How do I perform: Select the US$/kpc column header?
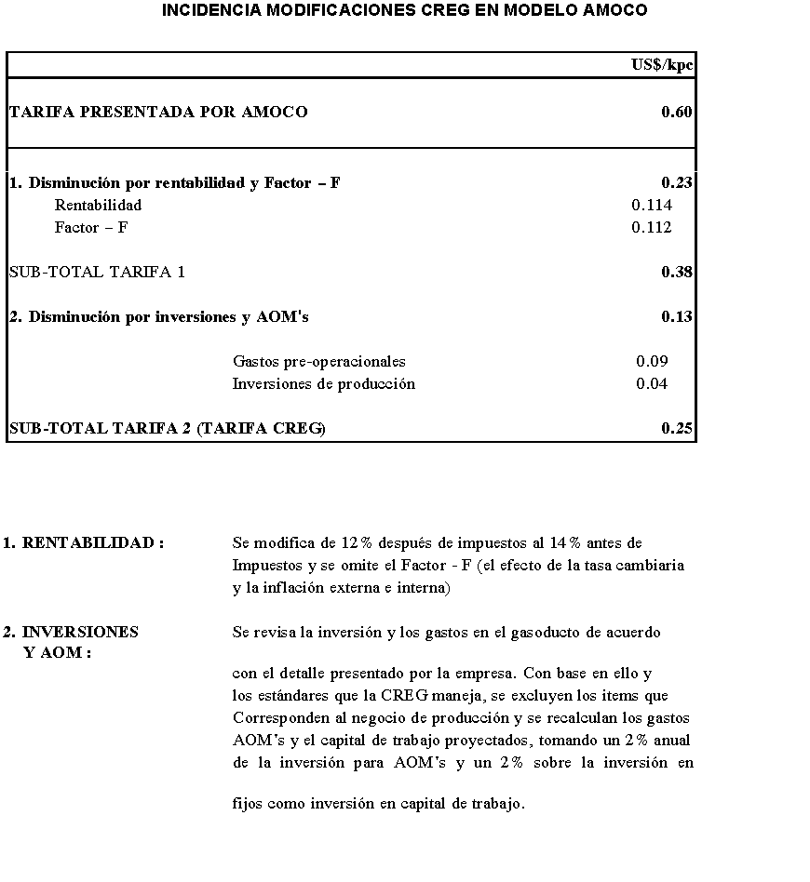(x=662, y=64)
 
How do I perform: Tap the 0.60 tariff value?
(x=676, y=113)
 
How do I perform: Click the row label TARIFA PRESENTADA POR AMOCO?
(x=158, y=113)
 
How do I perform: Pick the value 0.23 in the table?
(x=676, y=183)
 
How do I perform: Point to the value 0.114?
(x=651, y=206)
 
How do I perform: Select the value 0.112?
(x=651, y=228)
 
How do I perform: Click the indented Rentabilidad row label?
(x=98, y=206)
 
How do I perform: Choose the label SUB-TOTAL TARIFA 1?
(x=97, y=273)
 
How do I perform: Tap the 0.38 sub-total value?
(x=676, y=273)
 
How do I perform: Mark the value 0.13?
(x=676, y=317)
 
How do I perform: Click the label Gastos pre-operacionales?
(x=318, y=362)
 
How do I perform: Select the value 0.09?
(x=652, y=362)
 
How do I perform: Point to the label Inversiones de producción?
(x=323, y=384)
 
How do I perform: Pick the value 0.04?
(x=652, y=384)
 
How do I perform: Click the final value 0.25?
(x=676, y=429)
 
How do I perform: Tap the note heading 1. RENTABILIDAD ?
(x=83, y=542)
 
